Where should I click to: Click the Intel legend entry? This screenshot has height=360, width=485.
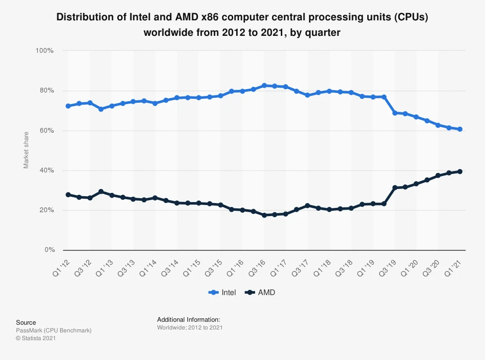[223, 292]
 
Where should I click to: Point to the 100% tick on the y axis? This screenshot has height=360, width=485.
[44, 51]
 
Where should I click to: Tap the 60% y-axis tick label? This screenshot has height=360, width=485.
[46, 131]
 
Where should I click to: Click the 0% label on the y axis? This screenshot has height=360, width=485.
[49, 250]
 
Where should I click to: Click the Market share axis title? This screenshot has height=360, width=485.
[26, 150]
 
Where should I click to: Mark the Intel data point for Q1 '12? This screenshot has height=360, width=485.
[68, 106]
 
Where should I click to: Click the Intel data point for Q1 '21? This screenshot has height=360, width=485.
[460, 129]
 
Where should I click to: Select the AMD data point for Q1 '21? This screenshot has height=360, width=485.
[460, 172]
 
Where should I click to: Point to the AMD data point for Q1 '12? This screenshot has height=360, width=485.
[68, 195]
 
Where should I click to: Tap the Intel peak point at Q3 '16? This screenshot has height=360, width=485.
[264, 85]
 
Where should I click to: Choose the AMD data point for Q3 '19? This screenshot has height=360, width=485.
[394, 188]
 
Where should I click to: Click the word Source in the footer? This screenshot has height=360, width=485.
[26, 322]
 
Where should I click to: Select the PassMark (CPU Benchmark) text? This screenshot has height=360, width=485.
[53, 330]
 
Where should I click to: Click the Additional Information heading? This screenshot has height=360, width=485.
[189, 320]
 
